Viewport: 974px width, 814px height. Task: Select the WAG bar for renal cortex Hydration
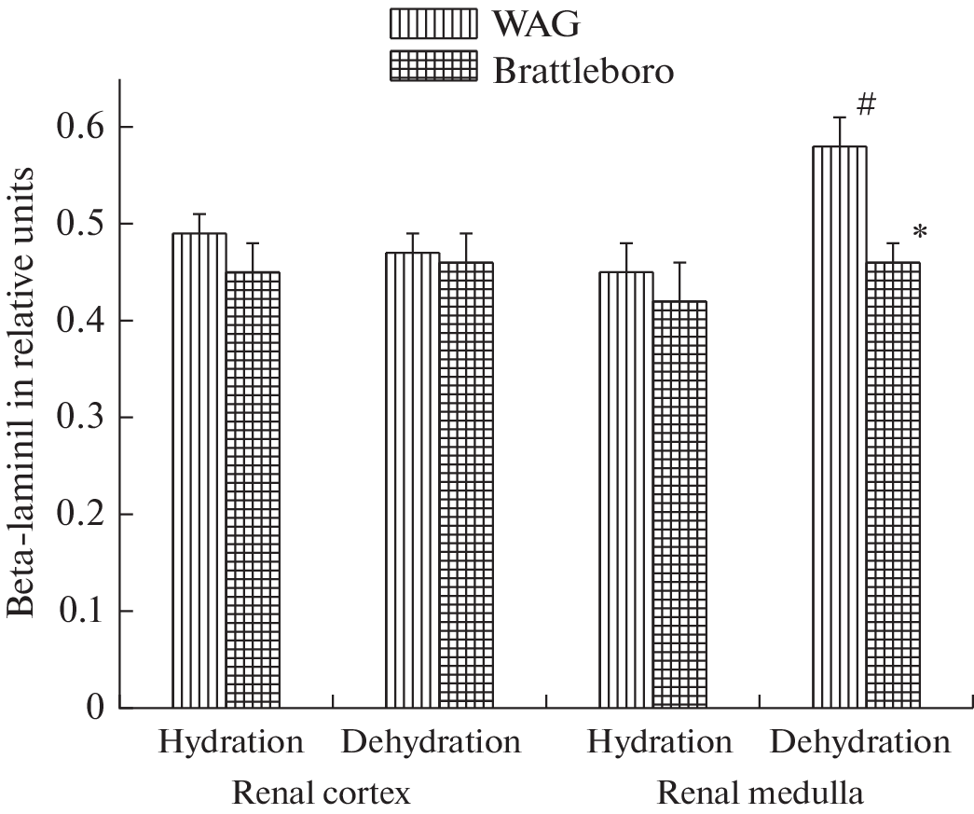pyautogui.click(x=199, y=471)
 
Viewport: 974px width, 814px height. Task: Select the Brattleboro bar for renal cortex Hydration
pyautogui.click(x=253, y=490)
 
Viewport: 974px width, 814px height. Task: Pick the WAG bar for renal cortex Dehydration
pyautogui.click(x=413, y=480)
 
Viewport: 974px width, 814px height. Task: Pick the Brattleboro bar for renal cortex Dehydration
pyautogui.click(x=466, y=485)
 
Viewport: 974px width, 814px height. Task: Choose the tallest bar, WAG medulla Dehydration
pyautogui.click(x=840, y=427)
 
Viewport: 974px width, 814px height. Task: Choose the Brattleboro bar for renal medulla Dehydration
pyautogui.click(x=893, y=485)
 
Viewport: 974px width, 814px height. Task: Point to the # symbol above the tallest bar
pyautogui.click(x=866, y=105)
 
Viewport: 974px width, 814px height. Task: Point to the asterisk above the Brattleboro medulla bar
pyautogui.click(x=920, y=232)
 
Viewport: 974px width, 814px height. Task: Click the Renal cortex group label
pyautogui.click(x=321, y=793)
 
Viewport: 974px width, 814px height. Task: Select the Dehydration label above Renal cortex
pyautogui.click(x=430, y=743)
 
